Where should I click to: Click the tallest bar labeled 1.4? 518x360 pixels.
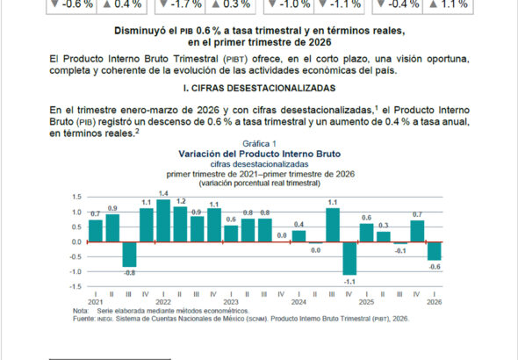[x=163, y=220]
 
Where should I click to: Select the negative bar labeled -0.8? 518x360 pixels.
[x=130, y=255]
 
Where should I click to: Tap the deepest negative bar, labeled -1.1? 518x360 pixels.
[x=349, y=258]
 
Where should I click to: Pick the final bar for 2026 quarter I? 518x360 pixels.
[x=434, y=251]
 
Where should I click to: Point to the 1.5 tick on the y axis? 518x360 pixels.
[x=76, y=197]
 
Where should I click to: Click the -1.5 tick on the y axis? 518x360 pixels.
[x=75, y=286]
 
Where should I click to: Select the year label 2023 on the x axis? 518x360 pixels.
[x=231, y=302]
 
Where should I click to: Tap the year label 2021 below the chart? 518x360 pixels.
[x=95, y=302]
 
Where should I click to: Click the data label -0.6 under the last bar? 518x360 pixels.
[x=435, y=267]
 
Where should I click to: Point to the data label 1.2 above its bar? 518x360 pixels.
[x=180, y=201]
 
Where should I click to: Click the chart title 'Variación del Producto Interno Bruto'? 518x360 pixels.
[x=259, y=154]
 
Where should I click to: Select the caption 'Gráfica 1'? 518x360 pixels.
[x=259, y=144]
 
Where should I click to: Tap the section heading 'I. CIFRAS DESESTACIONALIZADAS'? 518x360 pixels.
[x=259, y=88]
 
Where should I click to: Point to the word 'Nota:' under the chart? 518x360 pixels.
[x=81, y=311]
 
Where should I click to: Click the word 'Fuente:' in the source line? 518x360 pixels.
[x=84, y=319]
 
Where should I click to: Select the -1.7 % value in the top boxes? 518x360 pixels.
[x=185, y=4]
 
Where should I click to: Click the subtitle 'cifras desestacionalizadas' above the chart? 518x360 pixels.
[x=259, y=164]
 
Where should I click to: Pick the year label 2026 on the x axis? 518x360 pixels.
[x=434, y=302]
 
